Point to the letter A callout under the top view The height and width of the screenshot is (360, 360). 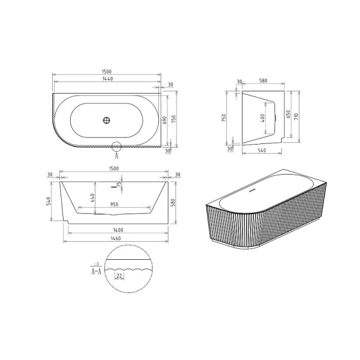tap(117, 154)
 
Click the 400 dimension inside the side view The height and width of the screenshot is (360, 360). tap(262, 119)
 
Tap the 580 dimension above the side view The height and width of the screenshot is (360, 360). tap(262, 82)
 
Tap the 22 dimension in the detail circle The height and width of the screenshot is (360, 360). tap(120, 275)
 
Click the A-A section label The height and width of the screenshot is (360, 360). tap(95, 271)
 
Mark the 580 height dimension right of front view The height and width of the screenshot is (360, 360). tap(173, 202)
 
